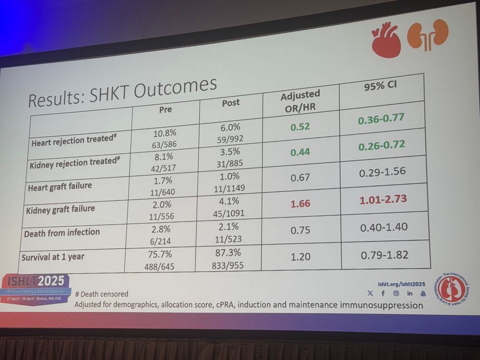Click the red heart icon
click(386, 38)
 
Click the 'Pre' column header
click(165, 109)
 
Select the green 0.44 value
click(301, 152)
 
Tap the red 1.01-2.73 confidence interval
click(383, 199)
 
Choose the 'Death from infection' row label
click(62, 233)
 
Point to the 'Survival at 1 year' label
click(53, 257)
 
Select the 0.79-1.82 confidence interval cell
click(384, 255)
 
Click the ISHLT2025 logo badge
click(36, 281)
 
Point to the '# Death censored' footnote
click(101, 293)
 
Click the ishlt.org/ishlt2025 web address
click(400, 283)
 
